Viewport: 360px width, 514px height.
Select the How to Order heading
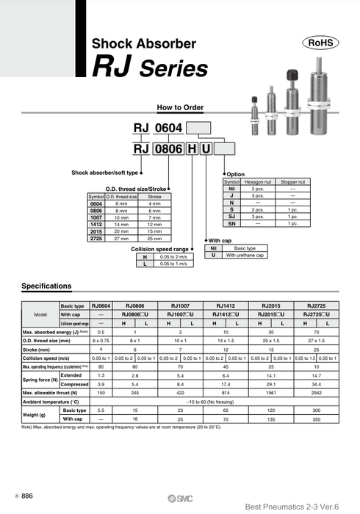(x=179, y=107)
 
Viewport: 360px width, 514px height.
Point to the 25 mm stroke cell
(x=154, y=239)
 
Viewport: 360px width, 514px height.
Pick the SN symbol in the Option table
(x=232, y=223)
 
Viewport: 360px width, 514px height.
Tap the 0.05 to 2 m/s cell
(x=174, y=258)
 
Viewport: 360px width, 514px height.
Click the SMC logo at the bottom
(x=180, y=495)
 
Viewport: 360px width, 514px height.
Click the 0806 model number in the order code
(x=167, y=150)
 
